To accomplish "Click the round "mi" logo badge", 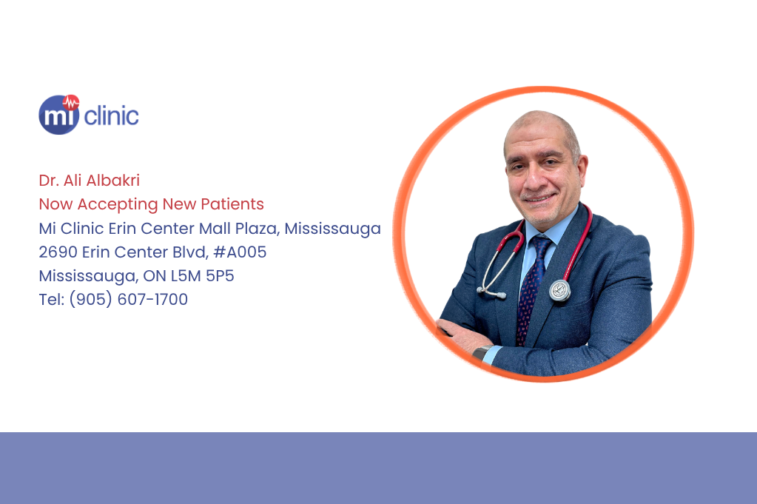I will tap(58, 115).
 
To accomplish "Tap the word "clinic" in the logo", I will tap(111, 116).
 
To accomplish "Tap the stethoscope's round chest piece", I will tap(559, 291).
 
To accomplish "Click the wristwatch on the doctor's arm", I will tap(482, 353).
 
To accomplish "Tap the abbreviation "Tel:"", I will tap(50, 300).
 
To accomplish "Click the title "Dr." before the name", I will tap(48, 181).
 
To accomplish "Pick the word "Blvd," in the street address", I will tap(189, 252).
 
